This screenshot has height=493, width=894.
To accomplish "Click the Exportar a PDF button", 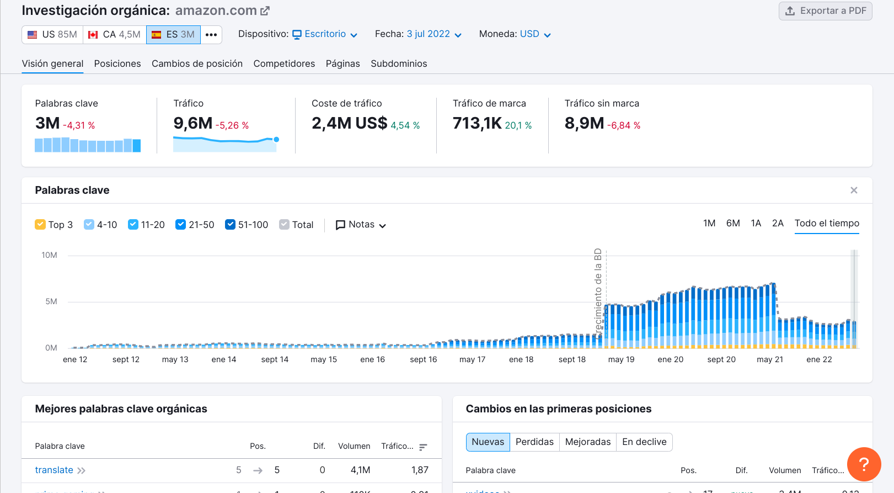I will (825, 11).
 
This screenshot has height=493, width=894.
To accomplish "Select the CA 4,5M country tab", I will (115, 35).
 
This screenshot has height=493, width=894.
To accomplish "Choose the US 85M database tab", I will (52, 35).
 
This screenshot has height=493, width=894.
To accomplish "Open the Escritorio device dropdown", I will (325, 34).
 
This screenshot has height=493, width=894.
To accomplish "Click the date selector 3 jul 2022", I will (433, 34).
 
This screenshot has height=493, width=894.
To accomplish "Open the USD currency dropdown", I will (535, 34).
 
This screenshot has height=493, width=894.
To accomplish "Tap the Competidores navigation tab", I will (284, 64).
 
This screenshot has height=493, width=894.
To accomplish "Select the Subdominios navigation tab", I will (399, 64).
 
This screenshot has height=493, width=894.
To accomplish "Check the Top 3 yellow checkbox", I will (40, 225).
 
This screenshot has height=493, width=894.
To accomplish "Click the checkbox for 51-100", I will (231, 225).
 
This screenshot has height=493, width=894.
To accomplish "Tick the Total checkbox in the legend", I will (285, 225).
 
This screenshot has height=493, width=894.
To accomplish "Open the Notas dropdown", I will (361, 225).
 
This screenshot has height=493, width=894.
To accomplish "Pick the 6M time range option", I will (733, 224).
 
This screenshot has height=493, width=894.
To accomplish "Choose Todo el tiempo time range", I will (827, 224).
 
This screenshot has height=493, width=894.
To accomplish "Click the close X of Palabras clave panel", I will (854, 190).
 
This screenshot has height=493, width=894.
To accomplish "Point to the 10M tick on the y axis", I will (50, 255).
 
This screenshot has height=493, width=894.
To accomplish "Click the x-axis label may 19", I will (621, 359).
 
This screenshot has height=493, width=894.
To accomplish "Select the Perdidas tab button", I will (534, 442).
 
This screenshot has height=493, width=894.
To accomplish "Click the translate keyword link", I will (54, 470).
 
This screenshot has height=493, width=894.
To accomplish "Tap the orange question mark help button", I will (864, 464).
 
